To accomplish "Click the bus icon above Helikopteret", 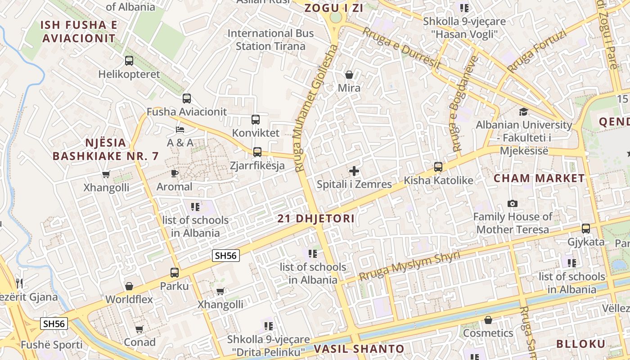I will coord(129,60).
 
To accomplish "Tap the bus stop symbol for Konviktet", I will coord(256,120).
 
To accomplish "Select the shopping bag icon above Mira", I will coord(349,75).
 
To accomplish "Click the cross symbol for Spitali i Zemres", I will coord(354,171).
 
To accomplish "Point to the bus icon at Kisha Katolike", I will coord(438,167).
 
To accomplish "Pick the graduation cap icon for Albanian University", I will coord(523,112).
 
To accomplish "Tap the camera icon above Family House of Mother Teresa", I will coord(512,204).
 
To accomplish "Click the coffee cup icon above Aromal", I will coord(175,173).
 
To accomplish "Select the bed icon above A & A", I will coord(180,130).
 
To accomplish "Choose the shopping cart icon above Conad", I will coord(139,329).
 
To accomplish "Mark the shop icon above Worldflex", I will coord(129,286).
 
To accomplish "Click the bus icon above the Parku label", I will coord(175,272).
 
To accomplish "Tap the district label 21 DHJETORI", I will coord(316,219).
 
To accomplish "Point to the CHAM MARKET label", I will coord(539,178).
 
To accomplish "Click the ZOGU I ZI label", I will coord(333,8).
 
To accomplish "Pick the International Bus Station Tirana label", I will coord(270,40).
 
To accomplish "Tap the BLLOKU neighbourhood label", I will coord(581,344).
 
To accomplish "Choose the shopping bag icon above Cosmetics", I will coord(488,320).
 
